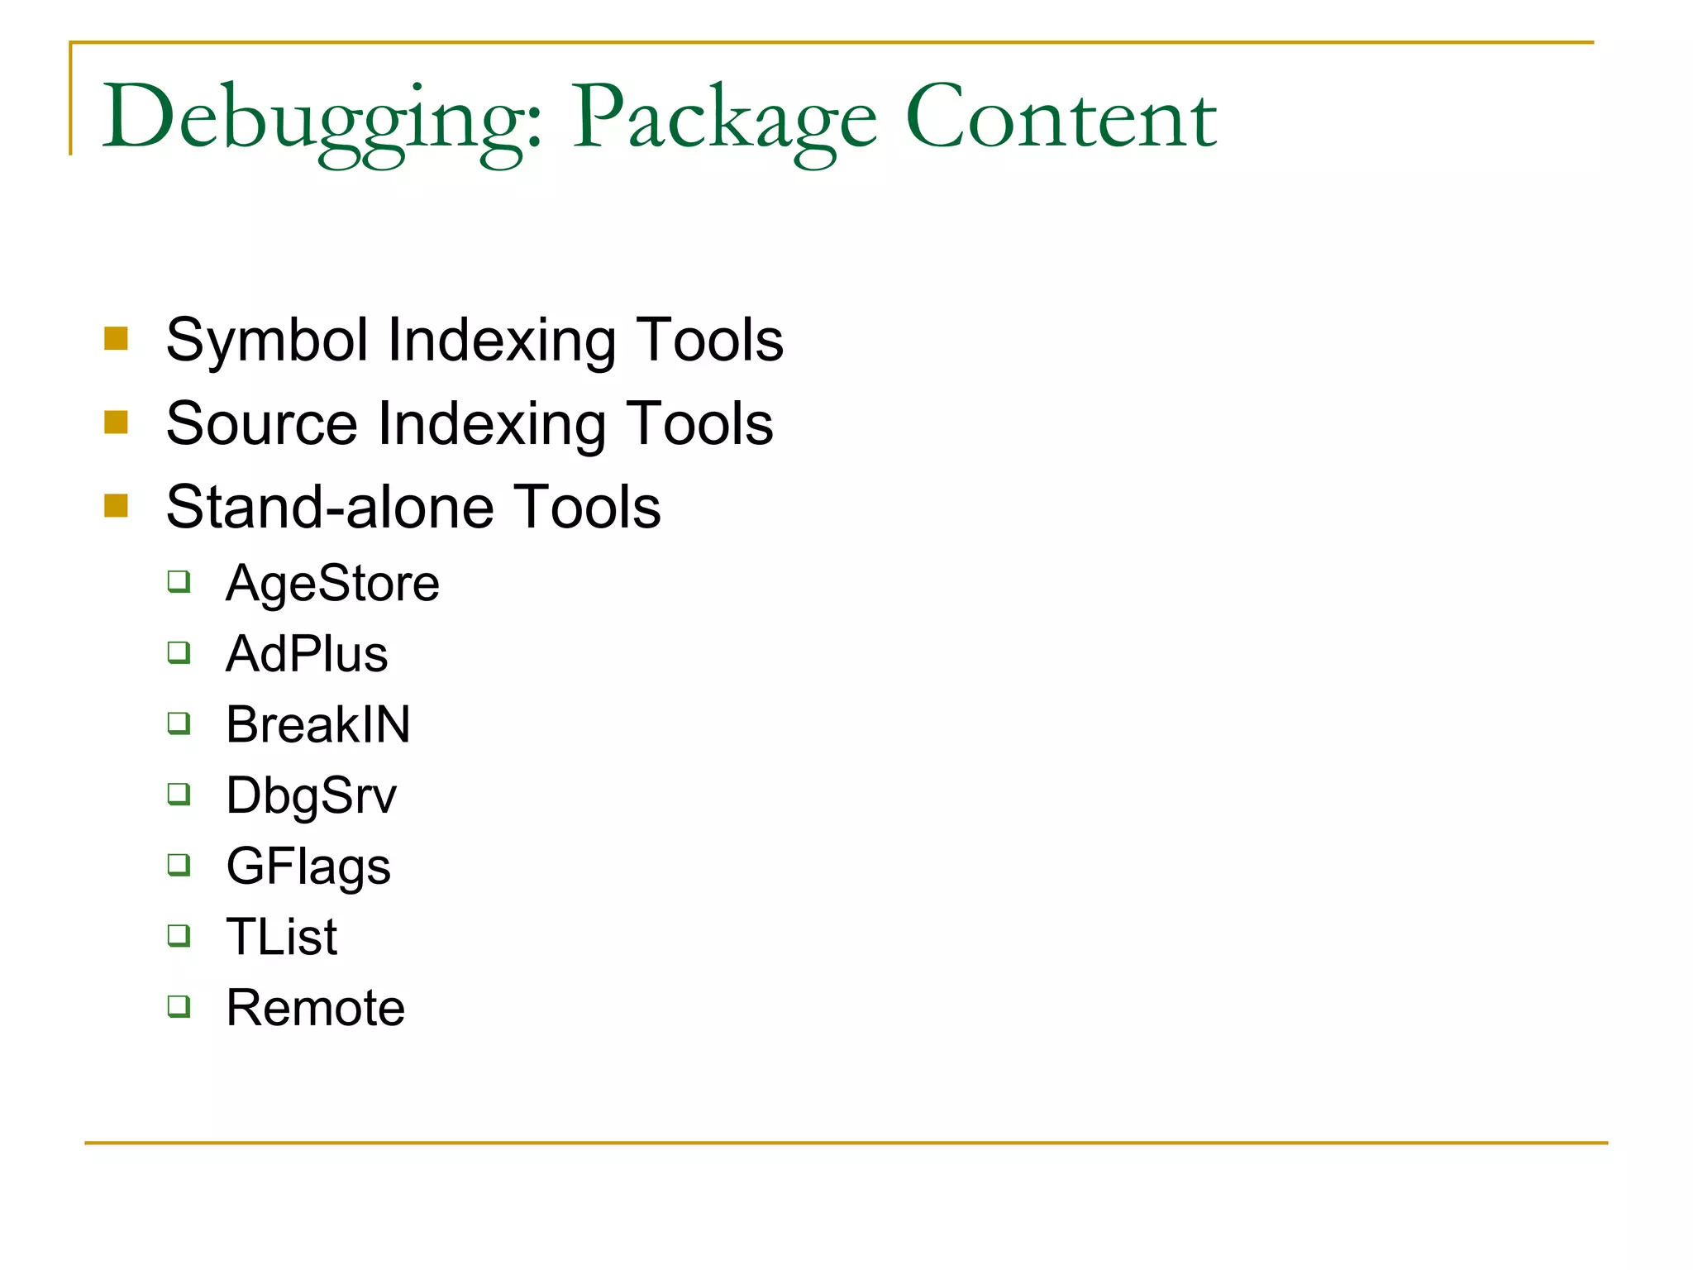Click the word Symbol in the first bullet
pyautogui.click(x=266, y=340)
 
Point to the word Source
pyautogui.click(x=260, y=423)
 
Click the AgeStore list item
pyautogui.click(x=332, y=583)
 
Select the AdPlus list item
pyautogui.click(x=307, y=654)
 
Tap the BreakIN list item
pyautogui.click(x=318, y=724)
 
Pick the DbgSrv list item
pyautogui.click(x=312, y=795)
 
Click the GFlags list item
pyautogui.click(x=308, y=867)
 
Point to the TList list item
pyautogui.click(x=282, y=937)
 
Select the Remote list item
pyautogui.click(x=316, y=1008)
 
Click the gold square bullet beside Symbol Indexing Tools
pyautogui.click(x=117, y=339)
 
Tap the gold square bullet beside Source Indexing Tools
pyautogui.click(x=117, y=423)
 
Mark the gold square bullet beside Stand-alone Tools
pyautogui.click(x=117, y=506)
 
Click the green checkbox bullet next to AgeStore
pyautogui.click(x=179, y=581)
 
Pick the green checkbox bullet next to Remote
pyautogui.click(x=179, y=1006)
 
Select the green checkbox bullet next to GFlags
pyautogui.click(x=179, y=865)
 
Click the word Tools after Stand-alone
pyautogui.click(x=586, y=507)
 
